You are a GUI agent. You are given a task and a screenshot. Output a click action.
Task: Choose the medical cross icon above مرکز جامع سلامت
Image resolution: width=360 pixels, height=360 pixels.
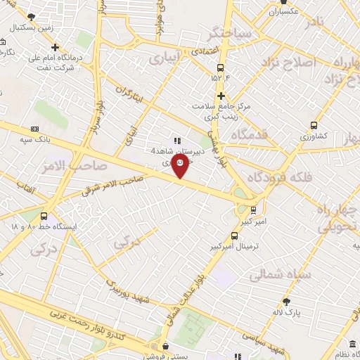[x=221, y=96]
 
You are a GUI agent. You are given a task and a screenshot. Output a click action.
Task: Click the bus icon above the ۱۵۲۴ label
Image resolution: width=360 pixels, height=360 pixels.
[x=221, y=68]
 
